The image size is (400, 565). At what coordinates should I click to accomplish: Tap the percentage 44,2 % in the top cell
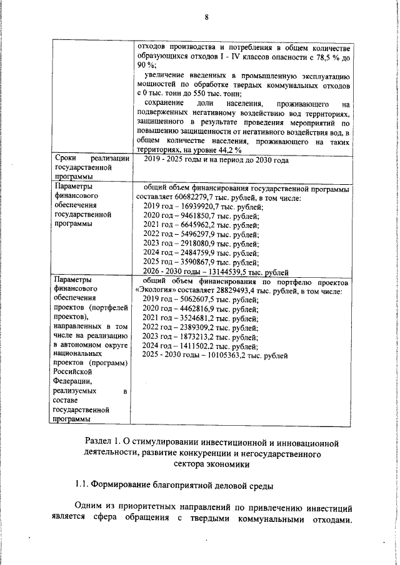(x=229, y=150)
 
